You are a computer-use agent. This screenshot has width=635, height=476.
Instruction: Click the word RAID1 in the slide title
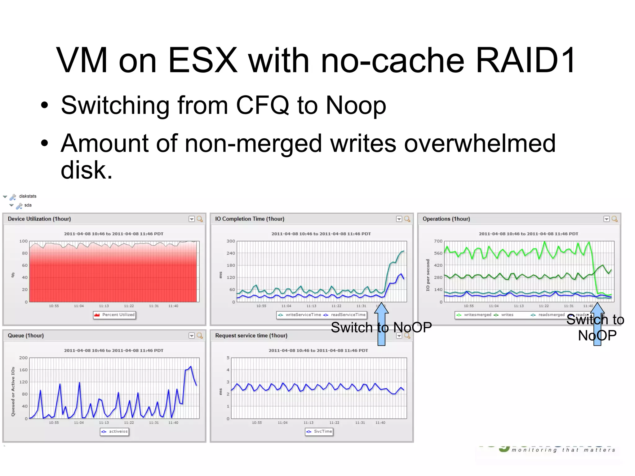point(525,60)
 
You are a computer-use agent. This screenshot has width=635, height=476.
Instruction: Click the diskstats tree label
point(28,196)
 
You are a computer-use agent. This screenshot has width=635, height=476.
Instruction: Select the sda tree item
point(28,205)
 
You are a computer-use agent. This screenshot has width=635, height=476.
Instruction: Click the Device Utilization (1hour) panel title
point(39,219)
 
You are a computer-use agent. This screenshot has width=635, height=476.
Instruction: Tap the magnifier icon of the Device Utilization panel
point(200,219)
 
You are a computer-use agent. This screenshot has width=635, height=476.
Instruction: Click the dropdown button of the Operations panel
point(606,219)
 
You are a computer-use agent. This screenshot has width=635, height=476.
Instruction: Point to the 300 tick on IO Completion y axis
point(231,241)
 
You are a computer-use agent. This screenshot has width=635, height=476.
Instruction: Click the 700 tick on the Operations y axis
point(438,241)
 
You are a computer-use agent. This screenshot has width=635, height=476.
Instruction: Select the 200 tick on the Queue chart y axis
point(23,358)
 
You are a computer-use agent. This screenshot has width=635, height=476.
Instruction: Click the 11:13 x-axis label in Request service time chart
point(308,423)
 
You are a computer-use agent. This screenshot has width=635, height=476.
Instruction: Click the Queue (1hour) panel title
point(26,336)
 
